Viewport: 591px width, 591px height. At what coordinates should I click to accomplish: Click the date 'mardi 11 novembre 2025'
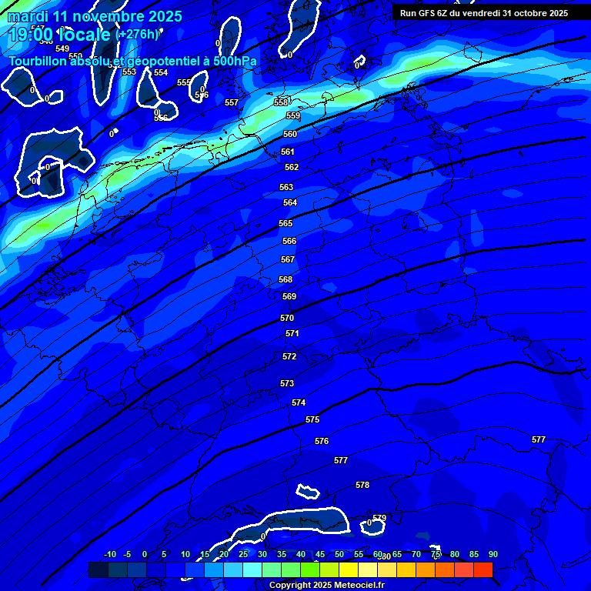(x=95, y=16)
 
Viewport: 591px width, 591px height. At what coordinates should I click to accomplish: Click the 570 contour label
(x=287, y=318)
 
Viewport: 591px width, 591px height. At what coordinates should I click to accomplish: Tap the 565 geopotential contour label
(x=285, y=223)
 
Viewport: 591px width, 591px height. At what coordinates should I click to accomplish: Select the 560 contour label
(x=289, y=134)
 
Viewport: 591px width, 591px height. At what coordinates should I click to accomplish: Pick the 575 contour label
(x=312, y=419)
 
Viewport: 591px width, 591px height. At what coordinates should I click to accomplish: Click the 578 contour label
(x=362, y=485)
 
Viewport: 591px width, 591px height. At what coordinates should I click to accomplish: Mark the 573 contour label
(x=287, y=383)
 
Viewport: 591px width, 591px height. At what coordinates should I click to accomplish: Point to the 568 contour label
(x=285, y=279)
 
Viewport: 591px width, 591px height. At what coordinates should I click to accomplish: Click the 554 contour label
(x=161, y=72)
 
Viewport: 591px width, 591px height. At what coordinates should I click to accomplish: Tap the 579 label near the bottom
(x=379, y=518)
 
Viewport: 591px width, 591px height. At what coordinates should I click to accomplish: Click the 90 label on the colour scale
(x=492, y=554)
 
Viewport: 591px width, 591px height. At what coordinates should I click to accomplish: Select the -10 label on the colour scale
(x=109, y=554)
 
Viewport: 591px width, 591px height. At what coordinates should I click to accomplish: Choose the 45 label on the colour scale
(x=320, y=554)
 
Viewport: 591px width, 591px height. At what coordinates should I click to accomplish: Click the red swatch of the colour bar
(x=482, y=569)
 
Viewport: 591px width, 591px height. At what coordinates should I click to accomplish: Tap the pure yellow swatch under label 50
(x=349, y=569)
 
